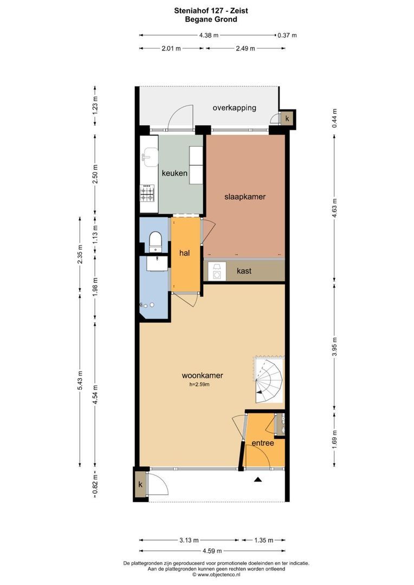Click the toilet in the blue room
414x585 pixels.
coord(155,241)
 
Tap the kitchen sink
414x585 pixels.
coord(150,156)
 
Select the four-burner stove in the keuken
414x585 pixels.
coord(147,193)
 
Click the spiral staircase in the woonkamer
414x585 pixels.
coord(268,379)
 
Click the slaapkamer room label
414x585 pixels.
coord(245,197)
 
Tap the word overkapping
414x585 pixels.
coord(235,108)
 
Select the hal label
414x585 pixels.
coord(184,253)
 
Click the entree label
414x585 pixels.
coord(263,443)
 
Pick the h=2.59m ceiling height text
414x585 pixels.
coord(199,384)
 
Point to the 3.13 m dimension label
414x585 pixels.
coord(189,540)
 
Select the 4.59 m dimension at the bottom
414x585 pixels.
coord(212,551)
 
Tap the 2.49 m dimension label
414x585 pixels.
coord(245,49)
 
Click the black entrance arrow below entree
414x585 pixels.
coord(257,479)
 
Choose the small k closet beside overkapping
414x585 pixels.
coord(287,119)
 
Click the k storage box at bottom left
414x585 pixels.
coord(141,484)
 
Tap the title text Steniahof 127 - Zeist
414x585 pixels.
coord(211,10)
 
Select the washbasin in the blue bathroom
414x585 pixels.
coord(157,263)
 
